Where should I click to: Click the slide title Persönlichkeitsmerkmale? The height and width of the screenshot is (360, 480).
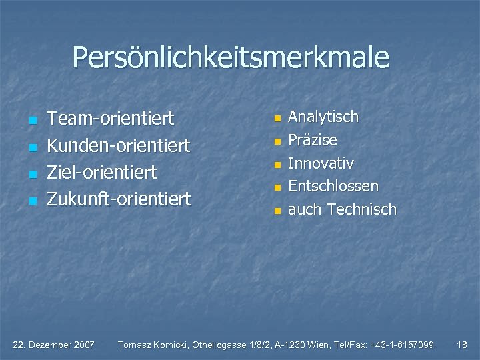pyautogui.click(x=231, y=57)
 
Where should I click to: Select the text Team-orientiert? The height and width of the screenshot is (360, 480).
pyautogui.click(x=111, y=119)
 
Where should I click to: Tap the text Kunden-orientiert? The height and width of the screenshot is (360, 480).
pyautogui.click(x=119, y=145)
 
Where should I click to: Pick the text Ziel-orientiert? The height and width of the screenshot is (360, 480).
pyautogui.click(x=101, y=172)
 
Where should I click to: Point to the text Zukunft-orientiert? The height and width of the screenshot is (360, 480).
pyautogui.click(x=119, y=199)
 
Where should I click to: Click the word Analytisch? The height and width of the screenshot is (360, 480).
pyautogui.click(x=323, y=117)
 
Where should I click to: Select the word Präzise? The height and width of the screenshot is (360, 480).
pyautogui.click(x=313, y=141)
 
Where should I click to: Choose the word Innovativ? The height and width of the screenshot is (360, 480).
pyautogui.click(x=321, y=163)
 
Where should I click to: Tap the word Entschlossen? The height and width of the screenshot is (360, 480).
pyautogui.click(x=333, y=186)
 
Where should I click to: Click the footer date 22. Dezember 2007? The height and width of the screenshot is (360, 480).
pyautogui.click(x=54, y=345)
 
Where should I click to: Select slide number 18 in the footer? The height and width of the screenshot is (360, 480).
pyautogui.click(x=462, y=345)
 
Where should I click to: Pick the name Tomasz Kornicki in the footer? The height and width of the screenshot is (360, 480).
pyautogui.click(x=153, y=345)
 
